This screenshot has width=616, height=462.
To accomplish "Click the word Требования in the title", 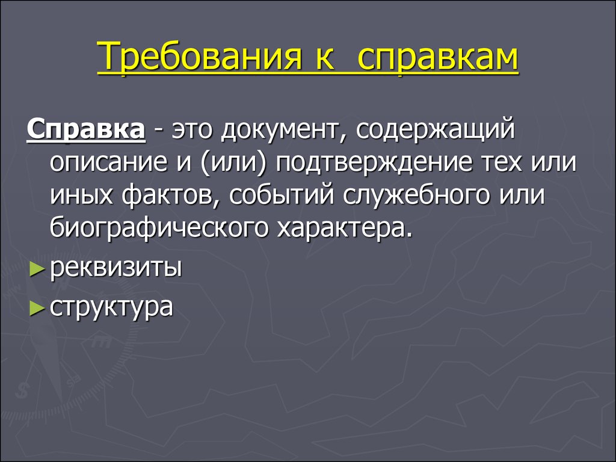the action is pos(200,57).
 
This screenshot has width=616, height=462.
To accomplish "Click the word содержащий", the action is pos(436,129).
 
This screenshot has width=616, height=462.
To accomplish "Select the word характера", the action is pos(345,229).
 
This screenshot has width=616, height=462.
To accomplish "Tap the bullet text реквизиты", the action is pos(116,269).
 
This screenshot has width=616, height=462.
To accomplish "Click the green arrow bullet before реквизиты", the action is pos(37,270).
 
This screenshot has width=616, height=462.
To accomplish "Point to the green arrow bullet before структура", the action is pos(37,309).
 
